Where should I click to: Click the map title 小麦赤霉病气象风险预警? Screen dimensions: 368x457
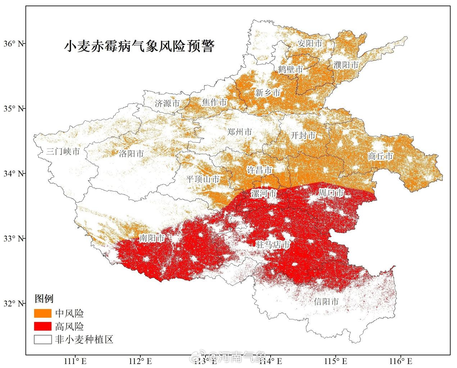pos(139,46)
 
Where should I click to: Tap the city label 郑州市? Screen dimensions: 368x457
pos(240,132)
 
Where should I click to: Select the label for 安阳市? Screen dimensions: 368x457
pos(310,43)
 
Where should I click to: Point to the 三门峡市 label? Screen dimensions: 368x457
pos(63,151)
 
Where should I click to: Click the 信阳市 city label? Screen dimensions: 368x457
pos(326,302)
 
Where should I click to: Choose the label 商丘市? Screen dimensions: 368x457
pos(380,156)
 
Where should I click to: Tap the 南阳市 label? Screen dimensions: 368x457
pos(152,238)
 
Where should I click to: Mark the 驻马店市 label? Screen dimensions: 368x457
pos(272,245)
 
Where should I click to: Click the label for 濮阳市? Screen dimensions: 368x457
pos(346,65)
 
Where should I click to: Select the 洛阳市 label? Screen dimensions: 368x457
pos(131,154)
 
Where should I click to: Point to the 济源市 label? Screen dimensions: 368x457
pos(167,104)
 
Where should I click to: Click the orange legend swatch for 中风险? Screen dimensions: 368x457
pos(43,313)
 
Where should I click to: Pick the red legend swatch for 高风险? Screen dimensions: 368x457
pos(43,326)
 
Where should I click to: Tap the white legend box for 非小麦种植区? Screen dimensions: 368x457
pos(43,339)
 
